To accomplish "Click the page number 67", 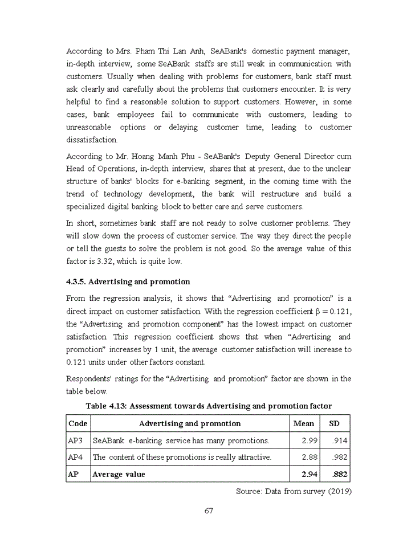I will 209,510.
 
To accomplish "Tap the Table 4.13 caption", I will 209,406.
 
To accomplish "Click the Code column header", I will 78,423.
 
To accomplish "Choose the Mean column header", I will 303,423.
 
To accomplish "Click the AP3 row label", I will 75,440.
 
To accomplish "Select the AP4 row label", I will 75,457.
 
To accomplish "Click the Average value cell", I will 119,474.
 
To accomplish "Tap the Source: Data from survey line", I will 293,491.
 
